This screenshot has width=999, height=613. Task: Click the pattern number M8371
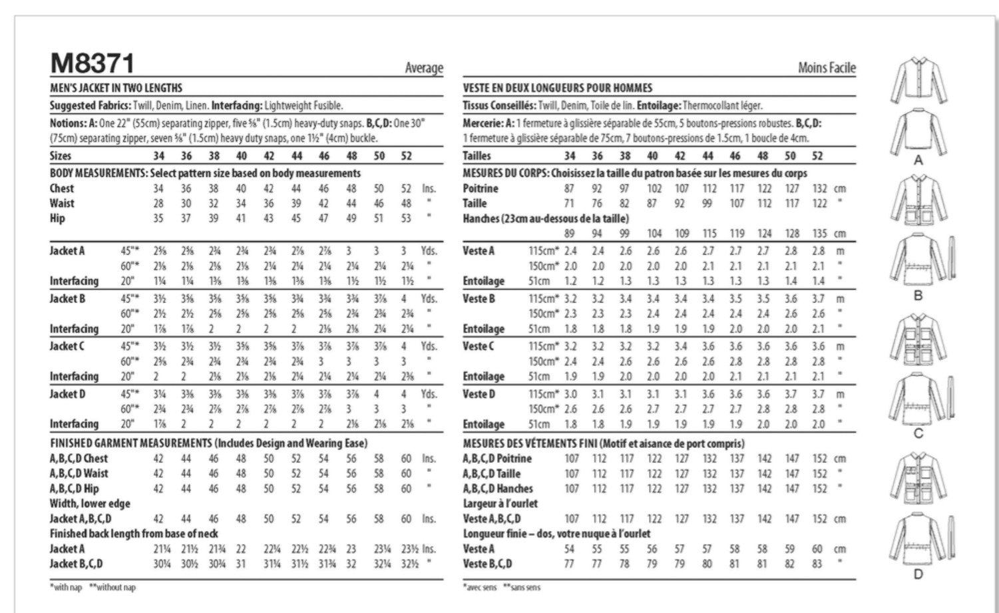point(93,64)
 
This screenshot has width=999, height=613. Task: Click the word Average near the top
point(423,68)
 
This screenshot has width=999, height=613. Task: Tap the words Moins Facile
point(827,68)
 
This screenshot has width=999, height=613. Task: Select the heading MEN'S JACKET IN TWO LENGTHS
point(116,88)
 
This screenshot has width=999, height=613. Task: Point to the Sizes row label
point(61,156)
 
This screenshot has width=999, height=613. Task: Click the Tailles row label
point(477,156)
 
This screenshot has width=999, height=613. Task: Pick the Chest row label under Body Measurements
point(62,188)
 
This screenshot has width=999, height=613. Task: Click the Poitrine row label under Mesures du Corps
point(480,188)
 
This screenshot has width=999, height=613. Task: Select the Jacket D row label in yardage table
point(67,394)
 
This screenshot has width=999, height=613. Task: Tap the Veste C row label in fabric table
point(479,346)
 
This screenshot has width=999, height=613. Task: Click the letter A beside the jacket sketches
point(918,160)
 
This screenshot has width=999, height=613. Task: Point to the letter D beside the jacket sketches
point(918,574)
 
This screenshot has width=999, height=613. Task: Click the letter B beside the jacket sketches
point(918,296)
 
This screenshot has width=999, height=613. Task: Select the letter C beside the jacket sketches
point(918,434)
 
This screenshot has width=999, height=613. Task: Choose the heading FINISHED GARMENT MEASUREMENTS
point(130,443)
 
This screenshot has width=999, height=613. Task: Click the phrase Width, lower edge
point(90,504)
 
